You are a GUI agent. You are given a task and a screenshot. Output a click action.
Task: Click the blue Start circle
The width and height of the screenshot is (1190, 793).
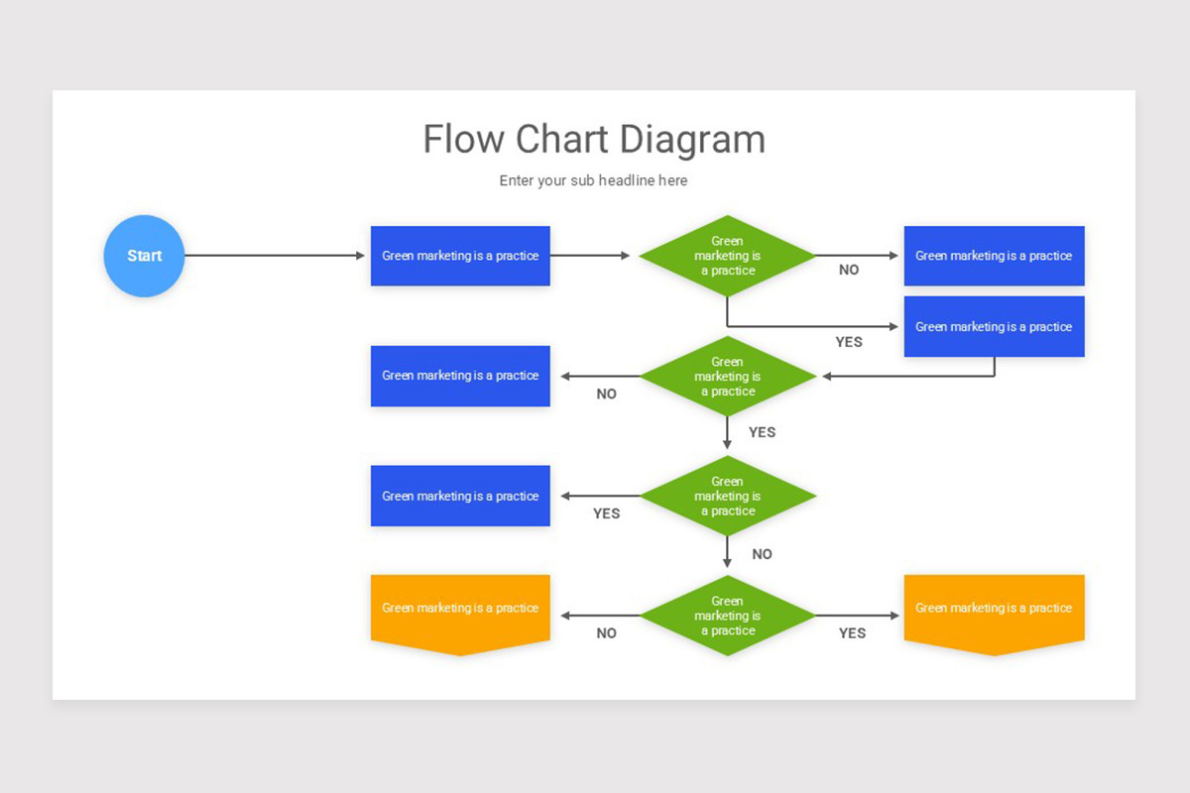pos(144,256)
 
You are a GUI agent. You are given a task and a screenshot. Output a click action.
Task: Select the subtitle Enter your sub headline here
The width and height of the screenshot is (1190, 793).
pos(593,180)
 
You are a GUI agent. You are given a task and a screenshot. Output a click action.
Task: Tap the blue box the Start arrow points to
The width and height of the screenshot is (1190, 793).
pos(460,256)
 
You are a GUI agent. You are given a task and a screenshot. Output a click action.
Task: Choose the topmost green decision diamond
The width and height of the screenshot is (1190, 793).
pos(727,256)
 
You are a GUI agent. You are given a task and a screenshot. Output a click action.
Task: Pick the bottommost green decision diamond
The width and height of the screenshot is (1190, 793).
pos(727,616)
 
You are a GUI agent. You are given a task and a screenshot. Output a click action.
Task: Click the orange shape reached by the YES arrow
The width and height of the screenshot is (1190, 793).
pos(994,611)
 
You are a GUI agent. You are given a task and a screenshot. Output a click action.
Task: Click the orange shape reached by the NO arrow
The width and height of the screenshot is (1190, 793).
pos(460,611)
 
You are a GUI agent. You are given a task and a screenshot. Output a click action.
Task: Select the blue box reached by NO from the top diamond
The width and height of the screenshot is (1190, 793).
pos(994,256)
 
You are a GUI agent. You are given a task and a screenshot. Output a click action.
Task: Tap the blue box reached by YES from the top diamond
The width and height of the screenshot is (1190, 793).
pos(994,326)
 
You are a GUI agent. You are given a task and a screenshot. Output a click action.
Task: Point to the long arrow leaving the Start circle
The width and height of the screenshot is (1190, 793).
pos(275,256)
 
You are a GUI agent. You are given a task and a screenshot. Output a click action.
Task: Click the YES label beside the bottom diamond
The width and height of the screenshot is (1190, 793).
pos(852,633)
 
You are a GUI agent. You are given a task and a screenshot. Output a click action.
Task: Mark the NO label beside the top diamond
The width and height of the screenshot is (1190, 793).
pos(849,270)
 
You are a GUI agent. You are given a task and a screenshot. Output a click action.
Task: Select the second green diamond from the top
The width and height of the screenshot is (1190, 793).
pos(727,377)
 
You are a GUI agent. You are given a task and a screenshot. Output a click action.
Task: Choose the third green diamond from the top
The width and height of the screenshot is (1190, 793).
pos(727,496)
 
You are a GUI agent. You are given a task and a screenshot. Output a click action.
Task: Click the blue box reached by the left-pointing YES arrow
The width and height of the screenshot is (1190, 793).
pos(460,496)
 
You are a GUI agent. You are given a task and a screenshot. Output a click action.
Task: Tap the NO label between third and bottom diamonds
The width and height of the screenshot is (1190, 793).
pos(762,554)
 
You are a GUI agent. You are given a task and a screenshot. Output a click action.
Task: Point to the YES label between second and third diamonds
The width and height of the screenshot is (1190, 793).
pos(762,432)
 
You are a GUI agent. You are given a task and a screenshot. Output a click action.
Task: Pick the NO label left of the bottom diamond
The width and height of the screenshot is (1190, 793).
pos(606,633)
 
